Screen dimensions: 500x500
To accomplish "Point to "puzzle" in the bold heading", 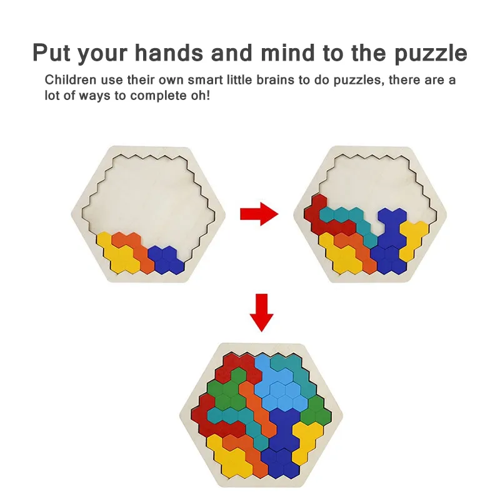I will (x=431, y=54).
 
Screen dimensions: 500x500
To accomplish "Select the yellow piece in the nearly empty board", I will (x=119, y=254).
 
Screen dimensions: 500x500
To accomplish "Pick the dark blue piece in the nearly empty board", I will (x=167, y=259).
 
